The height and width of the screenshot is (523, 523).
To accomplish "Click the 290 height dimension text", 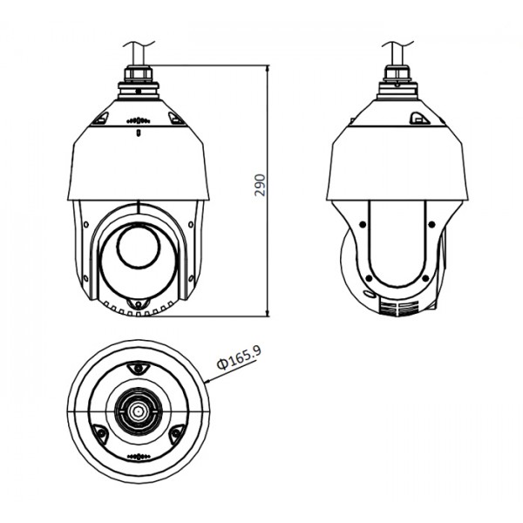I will [x=260, y=187].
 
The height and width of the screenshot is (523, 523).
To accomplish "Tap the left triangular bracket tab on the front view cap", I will [x=100, y=118].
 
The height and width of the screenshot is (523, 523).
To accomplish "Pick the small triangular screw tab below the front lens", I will [x=136, y=302].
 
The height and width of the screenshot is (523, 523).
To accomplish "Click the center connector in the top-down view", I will [x=138, y=409].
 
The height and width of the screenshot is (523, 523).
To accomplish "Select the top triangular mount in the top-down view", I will [x=138, y=370].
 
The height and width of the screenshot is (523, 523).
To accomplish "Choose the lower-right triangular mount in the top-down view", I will [x=175, y=432].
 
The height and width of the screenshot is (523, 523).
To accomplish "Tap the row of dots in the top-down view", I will [x=138, y=458].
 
